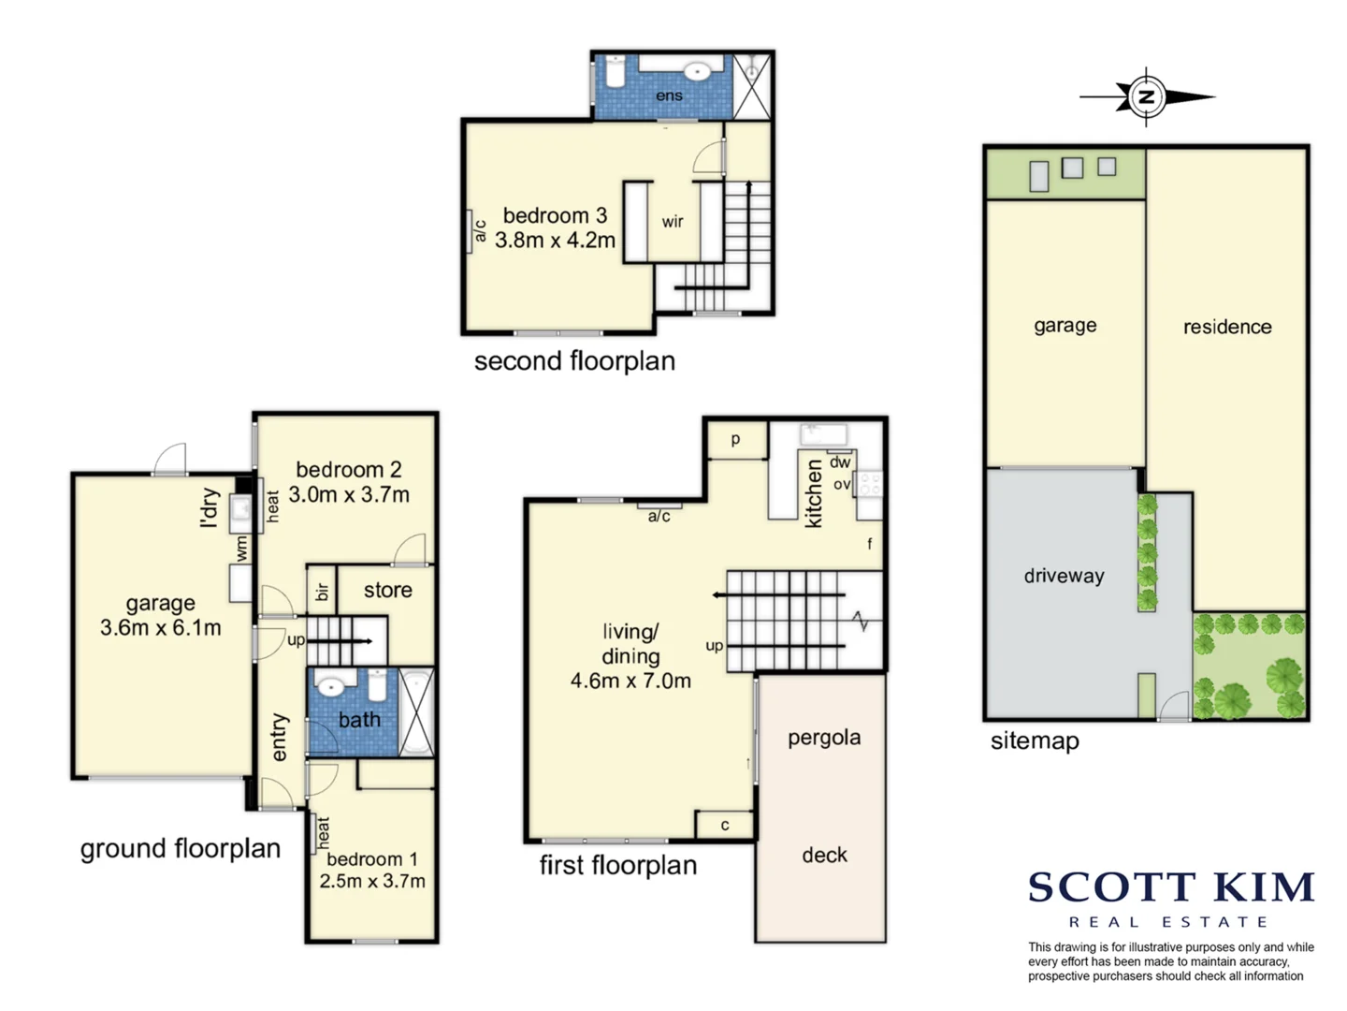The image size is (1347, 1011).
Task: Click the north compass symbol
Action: (1146, 97)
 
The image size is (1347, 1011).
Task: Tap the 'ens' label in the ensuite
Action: (669, 95)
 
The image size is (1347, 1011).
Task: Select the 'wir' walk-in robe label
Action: (673, 222)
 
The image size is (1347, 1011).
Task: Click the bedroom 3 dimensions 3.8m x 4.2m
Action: (555, 240)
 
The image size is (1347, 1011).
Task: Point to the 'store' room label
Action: (388, 590)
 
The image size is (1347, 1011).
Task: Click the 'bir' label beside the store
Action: (322, 591)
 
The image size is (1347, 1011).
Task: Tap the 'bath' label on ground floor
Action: (359, 719)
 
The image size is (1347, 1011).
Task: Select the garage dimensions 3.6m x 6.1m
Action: (161, 628)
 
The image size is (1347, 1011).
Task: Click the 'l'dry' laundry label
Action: (210, 508)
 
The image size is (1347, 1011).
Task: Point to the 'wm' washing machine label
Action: (241, 548)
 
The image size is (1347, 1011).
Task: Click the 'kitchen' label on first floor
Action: (813, 493)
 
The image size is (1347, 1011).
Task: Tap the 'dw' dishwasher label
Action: (840, 462)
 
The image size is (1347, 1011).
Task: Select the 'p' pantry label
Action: (736, 440)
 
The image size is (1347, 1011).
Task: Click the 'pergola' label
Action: (824, 739)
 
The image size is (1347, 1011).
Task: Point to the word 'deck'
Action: (824, 855)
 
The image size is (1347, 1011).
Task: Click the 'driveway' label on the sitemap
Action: (1065, 576)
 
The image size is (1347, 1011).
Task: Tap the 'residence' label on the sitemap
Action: (1227, 327)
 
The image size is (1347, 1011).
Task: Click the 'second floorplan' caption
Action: (574, 361)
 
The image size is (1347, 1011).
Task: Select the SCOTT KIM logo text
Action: (1171, 887)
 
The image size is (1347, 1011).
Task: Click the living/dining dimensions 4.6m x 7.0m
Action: (630, 681)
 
